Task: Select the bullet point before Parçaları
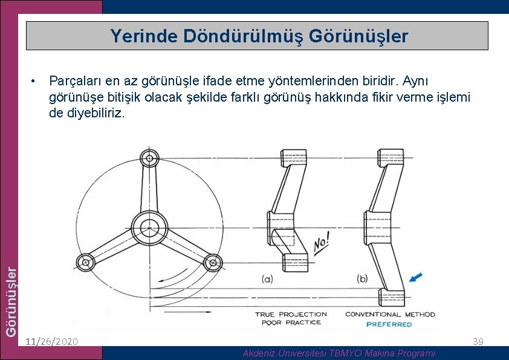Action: pos(36,80)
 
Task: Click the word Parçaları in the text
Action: pos(76,80)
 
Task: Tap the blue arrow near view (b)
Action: pos(415,277)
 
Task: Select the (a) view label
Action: pos(267,278)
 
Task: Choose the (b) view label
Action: pos(362,278)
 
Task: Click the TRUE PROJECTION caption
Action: pos(291,314)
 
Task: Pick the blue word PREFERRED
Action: pos(389,324)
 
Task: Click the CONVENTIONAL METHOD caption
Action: pos(390,314)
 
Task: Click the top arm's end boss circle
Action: pos(149,159)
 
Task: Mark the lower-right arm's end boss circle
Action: pos(212,262)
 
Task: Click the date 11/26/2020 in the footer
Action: pos(51,342)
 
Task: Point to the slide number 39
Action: pos(478,342)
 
